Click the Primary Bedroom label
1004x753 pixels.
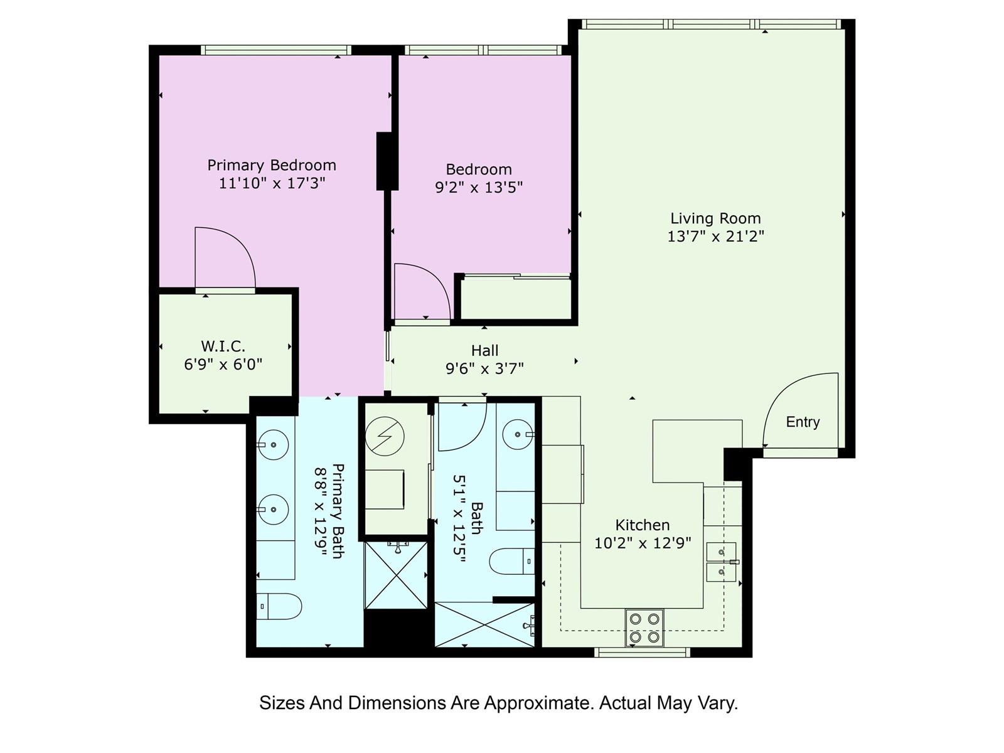[x=272, y=165]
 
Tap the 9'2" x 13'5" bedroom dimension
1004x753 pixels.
[x=479, y=188]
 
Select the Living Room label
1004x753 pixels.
[x=716, y=218]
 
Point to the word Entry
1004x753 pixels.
[x=803, y=422]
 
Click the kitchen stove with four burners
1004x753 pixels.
[x=644, y=627]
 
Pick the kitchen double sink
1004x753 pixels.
[x=722, y=562]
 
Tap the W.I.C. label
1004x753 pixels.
[x=223, y=346]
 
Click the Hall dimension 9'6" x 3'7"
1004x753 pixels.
[x=485, y=368]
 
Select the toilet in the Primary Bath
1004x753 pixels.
[x=279, y=606]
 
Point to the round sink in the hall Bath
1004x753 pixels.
[x=518, y=434]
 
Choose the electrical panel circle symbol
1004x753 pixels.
[x=385, y=436]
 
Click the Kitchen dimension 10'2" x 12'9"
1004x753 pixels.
[x=643, y=543]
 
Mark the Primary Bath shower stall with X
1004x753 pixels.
[x=396, y=575]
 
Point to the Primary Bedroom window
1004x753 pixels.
[x=276, y=50]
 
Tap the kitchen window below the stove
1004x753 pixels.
[x=642, y=652]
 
